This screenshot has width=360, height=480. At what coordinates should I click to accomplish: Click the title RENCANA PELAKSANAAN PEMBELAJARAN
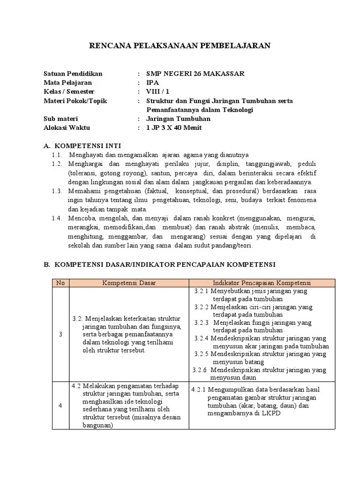[180, 45]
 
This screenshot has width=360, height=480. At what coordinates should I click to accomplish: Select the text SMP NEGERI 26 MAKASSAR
[195, 74]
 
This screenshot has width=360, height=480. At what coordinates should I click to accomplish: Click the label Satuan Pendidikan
[73, 74]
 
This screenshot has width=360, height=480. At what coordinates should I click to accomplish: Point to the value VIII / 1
[158, 92]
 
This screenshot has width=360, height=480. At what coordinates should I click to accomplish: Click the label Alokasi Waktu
[67, 127]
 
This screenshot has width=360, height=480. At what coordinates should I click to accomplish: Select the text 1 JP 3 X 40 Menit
[174, 127]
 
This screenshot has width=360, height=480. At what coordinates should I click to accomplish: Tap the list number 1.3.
[57, 191]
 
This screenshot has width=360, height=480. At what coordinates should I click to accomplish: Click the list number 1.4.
[57, 218]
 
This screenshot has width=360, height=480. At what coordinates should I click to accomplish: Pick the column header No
[60, 283]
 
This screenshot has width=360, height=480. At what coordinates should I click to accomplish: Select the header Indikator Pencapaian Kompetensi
[262, 283]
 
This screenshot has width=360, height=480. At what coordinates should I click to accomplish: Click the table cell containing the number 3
[60, 334]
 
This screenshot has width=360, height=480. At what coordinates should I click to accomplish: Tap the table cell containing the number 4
[60, 405]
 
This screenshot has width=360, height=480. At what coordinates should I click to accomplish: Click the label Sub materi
[61, 119]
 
